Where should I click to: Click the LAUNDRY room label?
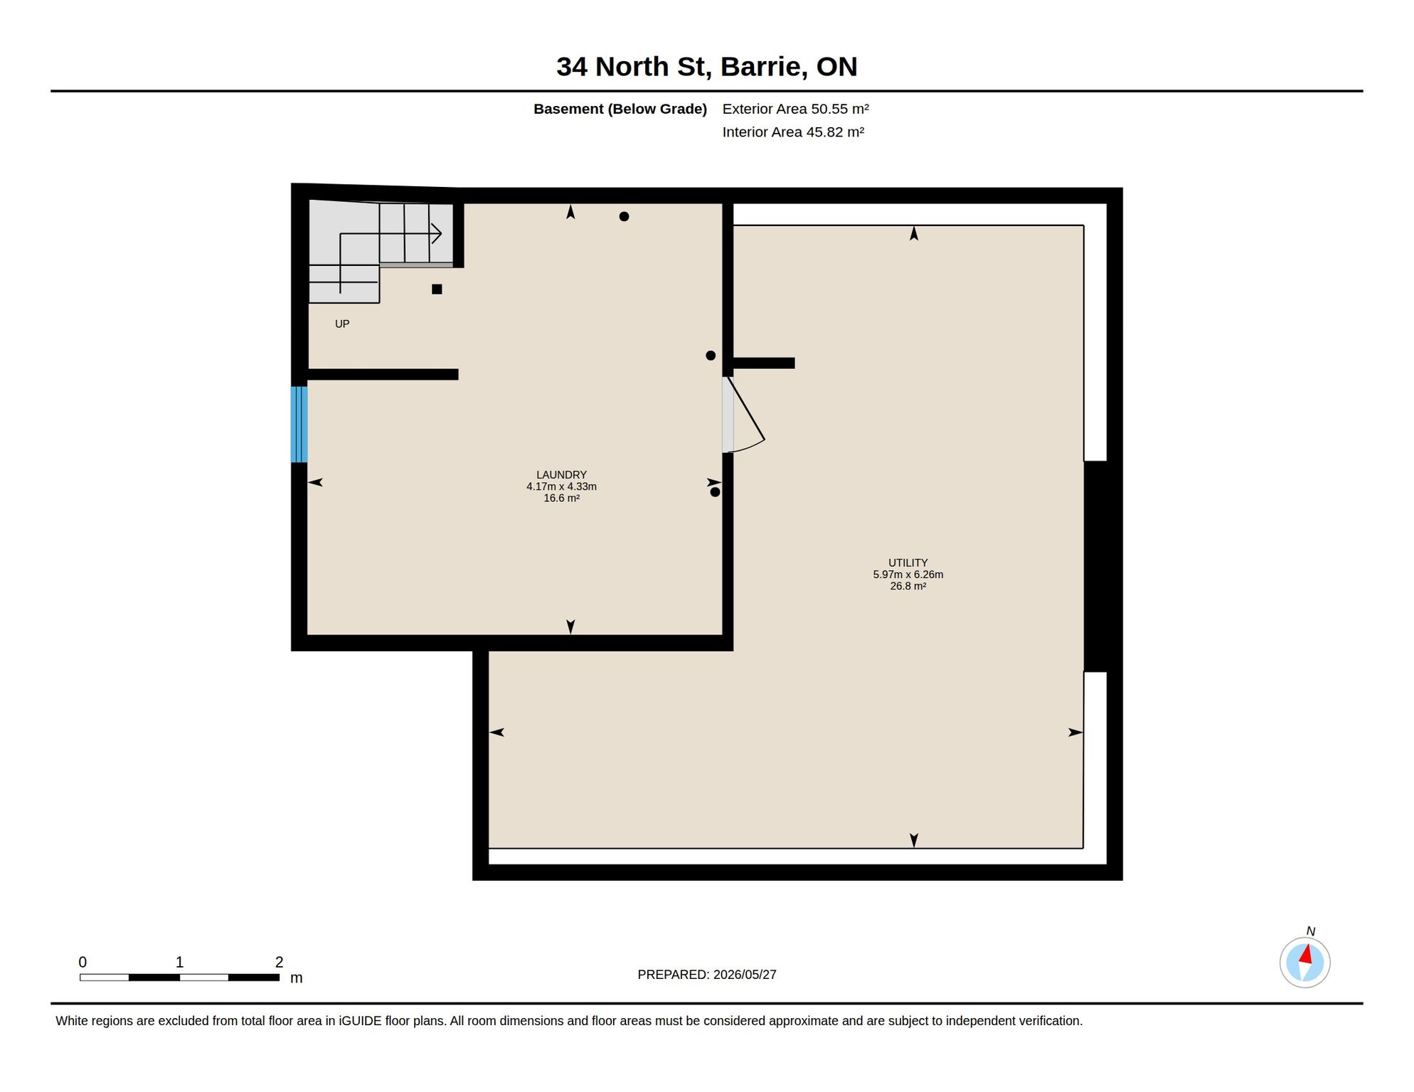pyautogui.click(x=561, y=475)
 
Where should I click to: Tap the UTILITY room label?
pyautogui.click(x=908, y=563)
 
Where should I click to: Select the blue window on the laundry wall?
pyautogui.click(x=299, y=424)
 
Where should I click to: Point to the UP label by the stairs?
pyautogui.click(x=342, y=324)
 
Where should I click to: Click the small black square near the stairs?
pyautogui.click(x=437, y=289)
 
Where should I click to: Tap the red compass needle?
pyautogui.click(x=1306, y=954)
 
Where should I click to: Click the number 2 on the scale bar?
pyautogui.click(x=279, y=962)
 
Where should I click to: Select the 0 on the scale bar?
pyautogui.click(x=83, y=962)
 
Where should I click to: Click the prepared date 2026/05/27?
pyautogui.click(x=745, y=975)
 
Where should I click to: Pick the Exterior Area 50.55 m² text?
pyautogui.click(x=795, y=109)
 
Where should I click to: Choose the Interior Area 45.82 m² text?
pyautogui.click(x=793, y=132)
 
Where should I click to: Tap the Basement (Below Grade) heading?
pyautogui.click(x=620, y=109)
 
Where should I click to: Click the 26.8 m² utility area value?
pyautogui.click(x=908, y=587)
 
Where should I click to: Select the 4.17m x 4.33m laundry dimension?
pyautogui.click(x=561, y=487)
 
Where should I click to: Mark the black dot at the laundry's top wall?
pyautogui.click(x=624, y=217)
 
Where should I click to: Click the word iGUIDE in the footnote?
pyautogui.click(x=360, y=1021)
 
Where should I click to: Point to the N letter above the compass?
pyautogui.click(x=1310, y=931)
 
